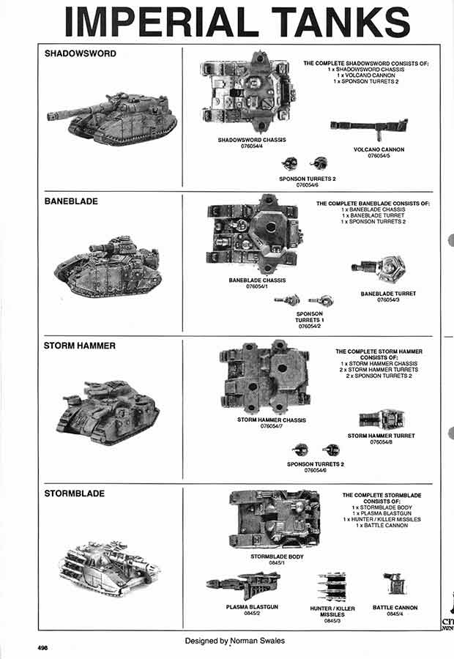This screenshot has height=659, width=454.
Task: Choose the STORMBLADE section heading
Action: pos(74,494)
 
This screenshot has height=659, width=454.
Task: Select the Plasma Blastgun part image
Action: pos(242,585)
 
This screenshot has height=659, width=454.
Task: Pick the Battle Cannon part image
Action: pos(394,584)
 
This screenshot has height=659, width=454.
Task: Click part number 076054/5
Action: pos(378,156)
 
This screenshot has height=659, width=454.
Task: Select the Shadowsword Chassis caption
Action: pos(252,140)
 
